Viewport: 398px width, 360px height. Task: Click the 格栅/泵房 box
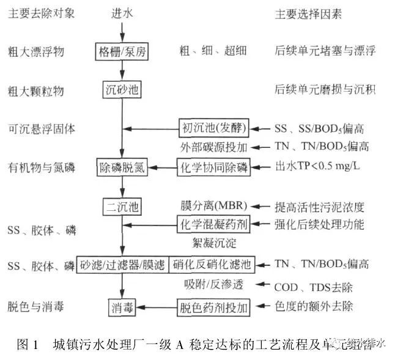tap(122, 51)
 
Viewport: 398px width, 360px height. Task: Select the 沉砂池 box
tap(122, 90)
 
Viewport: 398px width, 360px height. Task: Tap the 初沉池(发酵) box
tap(214, 128)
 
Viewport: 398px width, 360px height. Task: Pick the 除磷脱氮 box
tap(122, 167)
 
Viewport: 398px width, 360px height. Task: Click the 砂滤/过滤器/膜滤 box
tap(122, 264)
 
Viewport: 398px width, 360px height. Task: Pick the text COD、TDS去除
tap(313, 286)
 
